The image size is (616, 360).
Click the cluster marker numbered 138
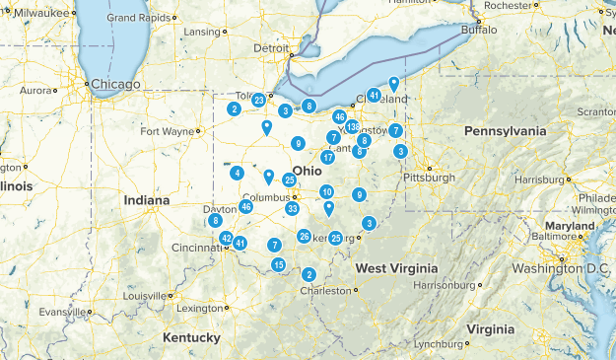353,126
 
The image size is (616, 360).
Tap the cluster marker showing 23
258,100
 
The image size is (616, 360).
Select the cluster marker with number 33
292,208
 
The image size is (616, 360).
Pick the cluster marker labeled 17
327,158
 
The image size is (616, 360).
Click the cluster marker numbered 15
279,264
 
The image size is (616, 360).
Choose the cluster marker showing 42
227,239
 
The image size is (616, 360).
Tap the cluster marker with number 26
305,236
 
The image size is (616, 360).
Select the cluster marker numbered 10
326,191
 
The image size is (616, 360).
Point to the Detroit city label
272,47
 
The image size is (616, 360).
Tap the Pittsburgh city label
428,178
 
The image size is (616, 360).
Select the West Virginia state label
396,268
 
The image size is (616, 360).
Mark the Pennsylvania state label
505,130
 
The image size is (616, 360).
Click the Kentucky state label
191,337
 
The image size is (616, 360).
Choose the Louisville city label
147,296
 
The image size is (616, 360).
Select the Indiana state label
147,200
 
